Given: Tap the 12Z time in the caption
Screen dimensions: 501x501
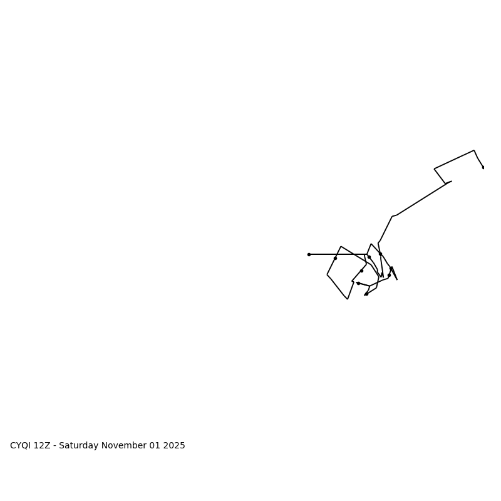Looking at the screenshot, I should tap(43, 446).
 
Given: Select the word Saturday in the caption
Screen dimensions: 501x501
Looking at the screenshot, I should tap(80, 446).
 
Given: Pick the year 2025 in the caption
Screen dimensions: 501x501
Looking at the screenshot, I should tap(175, 446).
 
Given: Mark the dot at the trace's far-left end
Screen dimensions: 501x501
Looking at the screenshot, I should tap(309, 254).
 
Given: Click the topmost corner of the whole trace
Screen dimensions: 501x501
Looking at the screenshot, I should tap(474, 150).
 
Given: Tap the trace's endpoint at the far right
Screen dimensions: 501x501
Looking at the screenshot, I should tap(483, 167).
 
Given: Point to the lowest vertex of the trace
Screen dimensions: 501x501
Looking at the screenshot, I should tap(348, 299).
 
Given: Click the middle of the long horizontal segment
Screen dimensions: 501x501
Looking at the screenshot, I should tap(338, 254).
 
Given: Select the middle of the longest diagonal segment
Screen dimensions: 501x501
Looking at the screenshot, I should tap(421, 199).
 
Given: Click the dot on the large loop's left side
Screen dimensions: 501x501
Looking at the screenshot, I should tap(335, 258).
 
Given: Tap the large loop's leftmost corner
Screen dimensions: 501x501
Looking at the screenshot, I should tap(327, 274).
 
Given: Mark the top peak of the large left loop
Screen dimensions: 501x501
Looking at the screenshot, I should tap(341, 246).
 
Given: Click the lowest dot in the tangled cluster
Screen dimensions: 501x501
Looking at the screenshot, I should tap(366, 294).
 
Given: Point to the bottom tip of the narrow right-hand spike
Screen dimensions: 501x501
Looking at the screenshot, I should tap(396, 279).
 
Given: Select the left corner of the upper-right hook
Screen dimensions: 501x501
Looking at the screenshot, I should tap(435, 168).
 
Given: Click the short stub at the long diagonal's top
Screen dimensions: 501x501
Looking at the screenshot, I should tap(448, 182).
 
